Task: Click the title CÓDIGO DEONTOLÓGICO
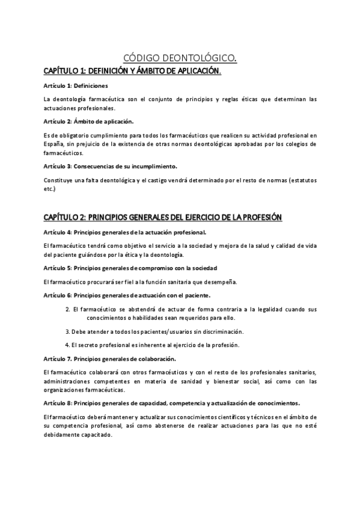click(180, 58)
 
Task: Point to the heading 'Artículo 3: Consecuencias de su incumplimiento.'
click(111, 165)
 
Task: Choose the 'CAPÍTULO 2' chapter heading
click(163, 217)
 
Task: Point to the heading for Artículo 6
click(127, 295)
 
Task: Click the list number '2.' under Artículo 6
click(67, 309)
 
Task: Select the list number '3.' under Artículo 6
click(67, 331)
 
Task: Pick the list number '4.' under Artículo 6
click(67, 345)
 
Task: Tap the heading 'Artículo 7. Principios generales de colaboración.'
click(110, 358)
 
